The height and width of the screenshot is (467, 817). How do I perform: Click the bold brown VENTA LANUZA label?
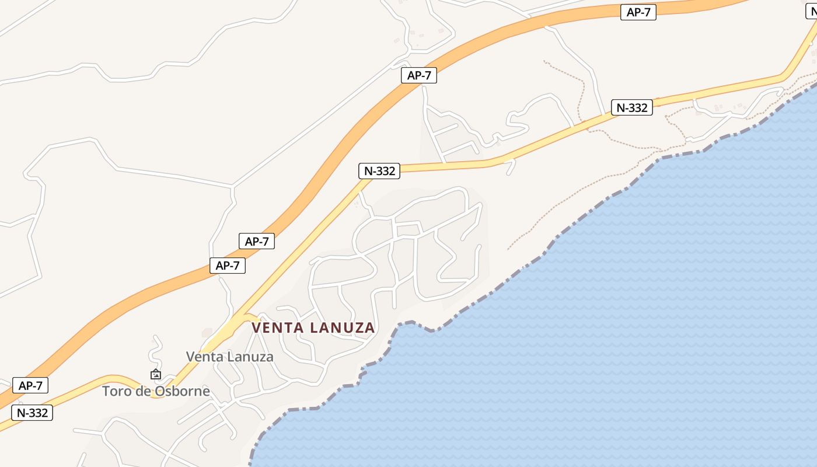[x=313, y=327]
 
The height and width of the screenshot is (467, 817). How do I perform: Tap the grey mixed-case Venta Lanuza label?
[x=229, y=356]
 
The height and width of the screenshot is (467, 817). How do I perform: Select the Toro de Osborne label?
[x=156, y=391]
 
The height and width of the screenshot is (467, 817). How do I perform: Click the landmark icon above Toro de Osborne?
[x=156, y=375]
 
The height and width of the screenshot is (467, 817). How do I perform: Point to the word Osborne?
[x=181, y=391]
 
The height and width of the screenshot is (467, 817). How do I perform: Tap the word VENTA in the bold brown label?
[x=278, y=327]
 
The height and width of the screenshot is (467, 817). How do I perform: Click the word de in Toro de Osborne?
[x=142, y=391]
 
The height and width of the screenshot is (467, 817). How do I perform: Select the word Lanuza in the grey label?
[x=251, y=356]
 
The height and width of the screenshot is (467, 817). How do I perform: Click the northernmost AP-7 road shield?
[x=638, y=12]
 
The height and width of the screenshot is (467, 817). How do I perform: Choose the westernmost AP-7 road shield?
[x=30, y=385]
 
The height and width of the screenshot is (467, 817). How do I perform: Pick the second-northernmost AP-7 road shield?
[x=419, y=75]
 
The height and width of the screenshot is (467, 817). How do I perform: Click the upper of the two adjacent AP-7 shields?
[x=257, y=241]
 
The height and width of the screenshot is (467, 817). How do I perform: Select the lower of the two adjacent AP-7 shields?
[x=228, y=266]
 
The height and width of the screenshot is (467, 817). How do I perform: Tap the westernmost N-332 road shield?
[x=32, y=413]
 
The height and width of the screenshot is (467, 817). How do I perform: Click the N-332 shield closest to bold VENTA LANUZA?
[x=379, y=171]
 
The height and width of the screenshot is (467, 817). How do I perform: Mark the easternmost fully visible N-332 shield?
[x=632, y=107]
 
